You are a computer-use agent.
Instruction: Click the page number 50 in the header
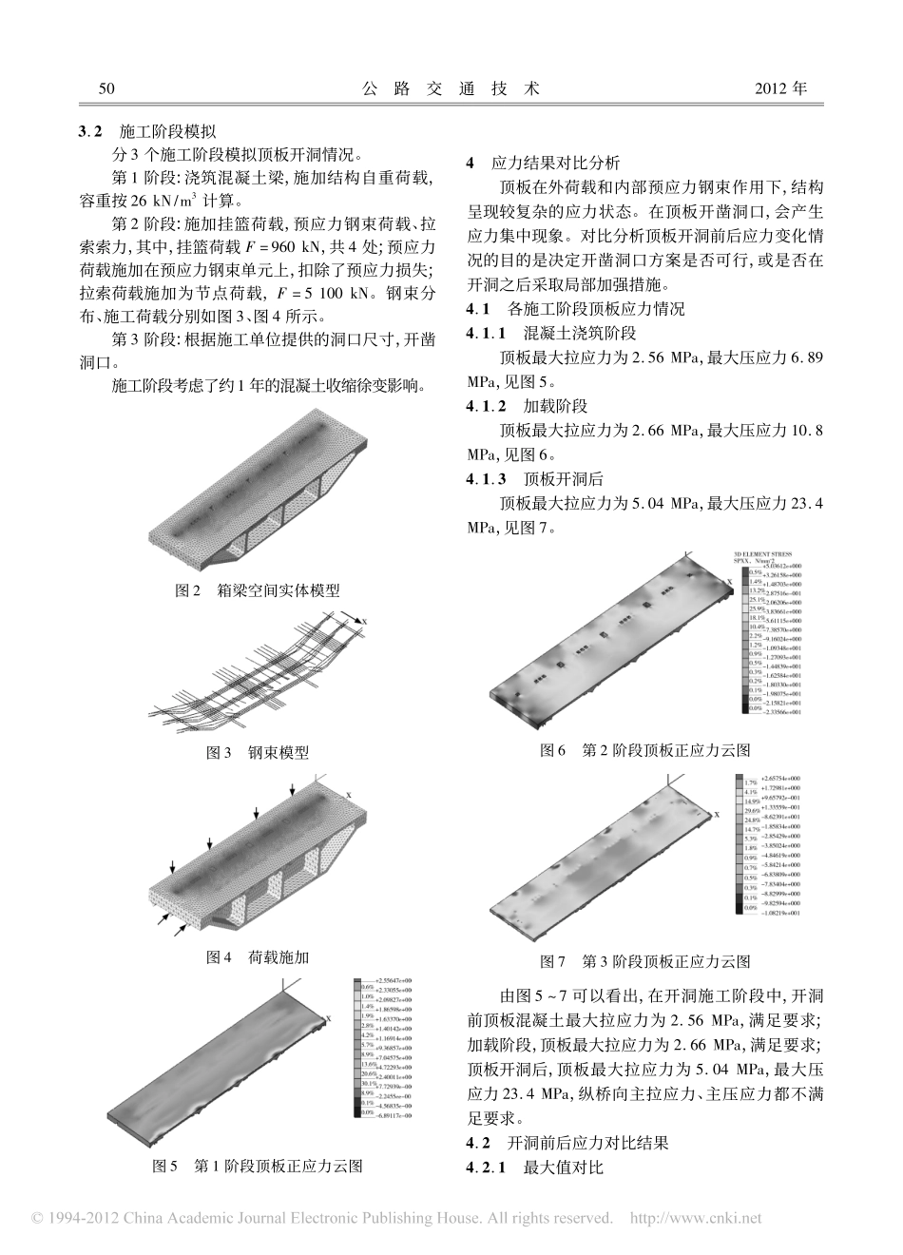click(106, 88)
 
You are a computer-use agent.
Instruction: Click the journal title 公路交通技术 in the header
click(451, 88)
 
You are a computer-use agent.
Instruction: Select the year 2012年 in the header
click(780, 88)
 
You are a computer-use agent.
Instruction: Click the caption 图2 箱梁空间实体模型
click(258, 590)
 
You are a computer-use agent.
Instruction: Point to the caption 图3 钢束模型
click(258, 752)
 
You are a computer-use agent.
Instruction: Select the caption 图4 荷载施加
click(258, 957)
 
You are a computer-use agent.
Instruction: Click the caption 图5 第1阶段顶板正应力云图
click(258, 1165)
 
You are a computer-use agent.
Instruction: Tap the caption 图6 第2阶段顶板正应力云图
click(645, 750)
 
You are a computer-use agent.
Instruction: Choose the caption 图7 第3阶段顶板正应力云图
click(645, 961)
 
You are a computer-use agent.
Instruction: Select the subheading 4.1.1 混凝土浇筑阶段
click(551, 333)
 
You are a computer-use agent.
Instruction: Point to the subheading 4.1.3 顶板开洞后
click(534, 478)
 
